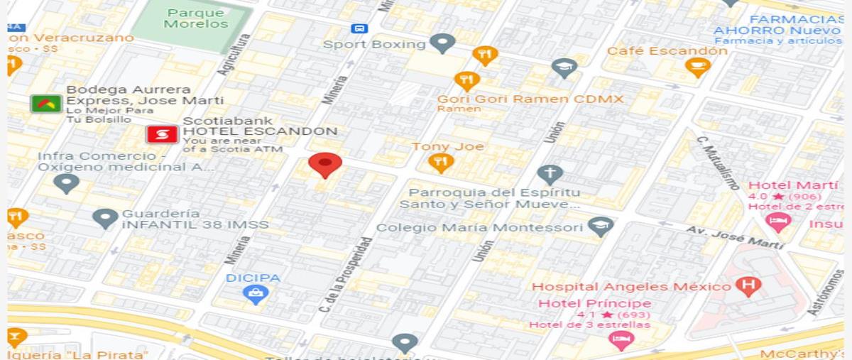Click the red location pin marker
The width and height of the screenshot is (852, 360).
[x=325, y=165]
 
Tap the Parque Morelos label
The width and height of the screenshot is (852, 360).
[x=196, y=18]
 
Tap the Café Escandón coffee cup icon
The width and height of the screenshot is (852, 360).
[x=697, y=67]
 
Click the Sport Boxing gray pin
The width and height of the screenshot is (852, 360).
[x=443, y=43]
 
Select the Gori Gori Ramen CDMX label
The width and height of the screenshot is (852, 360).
[x=530, y=99]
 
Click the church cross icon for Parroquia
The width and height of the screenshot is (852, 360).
[x=550, y=173]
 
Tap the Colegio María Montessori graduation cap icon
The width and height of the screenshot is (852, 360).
[x=601, y=227]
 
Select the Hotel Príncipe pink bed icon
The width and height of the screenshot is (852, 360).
[x=621, y=340]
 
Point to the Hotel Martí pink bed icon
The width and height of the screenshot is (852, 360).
[x=778, y=222]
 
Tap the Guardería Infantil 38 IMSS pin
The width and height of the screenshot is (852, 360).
[x=106, y=218]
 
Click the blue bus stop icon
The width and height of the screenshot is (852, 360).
[x=359, y=28]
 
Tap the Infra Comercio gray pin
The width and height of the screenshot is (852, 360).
[x=67, y=184]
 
